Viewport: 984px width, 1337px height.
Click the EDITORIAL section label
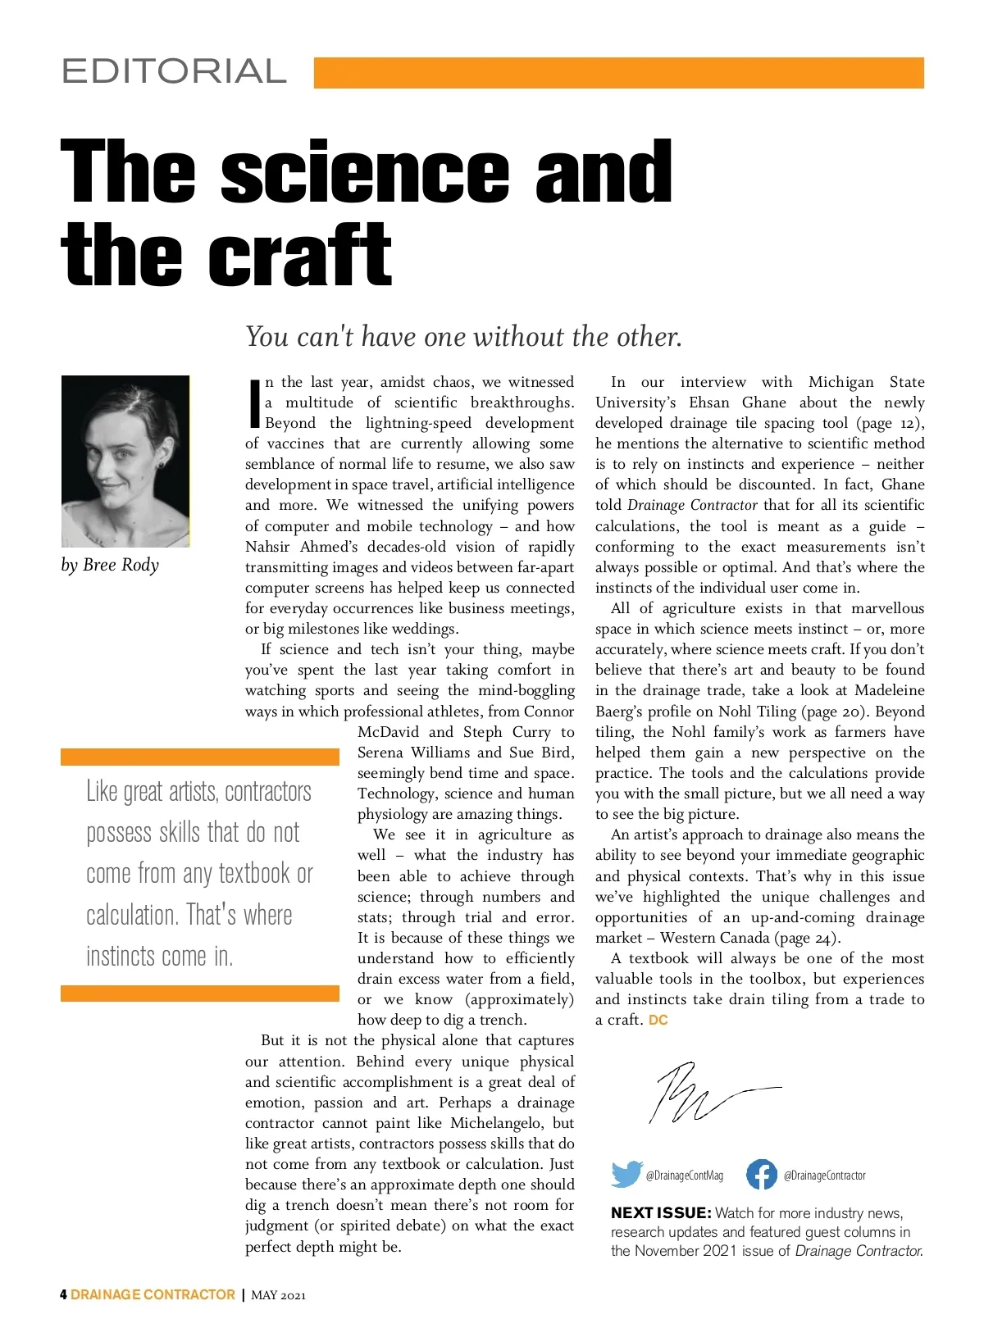174,72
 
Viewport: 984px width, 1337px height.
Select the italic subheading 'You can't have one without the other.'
463,336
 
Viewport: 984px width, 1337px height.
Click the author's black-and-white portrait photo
125,461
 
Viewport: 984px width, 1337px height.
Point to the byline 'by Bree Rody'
110,565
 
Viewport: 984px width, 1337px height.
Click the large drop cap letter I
254,403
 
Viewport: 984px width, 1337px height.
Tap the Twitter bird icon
626,1174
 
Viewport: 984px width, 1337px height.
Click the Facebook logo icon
761,1174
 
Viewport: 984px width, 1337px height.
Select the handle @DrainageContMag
685,1176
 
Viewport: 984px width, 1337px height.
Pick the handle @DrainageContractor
824,1176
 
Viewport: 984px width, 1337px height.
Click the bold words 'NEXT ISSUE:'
661,1213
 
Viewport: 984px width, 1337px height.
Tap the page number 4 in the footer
64,1295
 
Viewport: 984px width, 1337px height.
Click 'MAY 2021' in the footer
278,1296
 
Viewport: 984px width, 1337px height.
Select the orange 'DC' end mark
658,1021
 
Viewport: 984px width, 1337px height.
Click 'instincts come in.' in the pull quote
160,956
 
